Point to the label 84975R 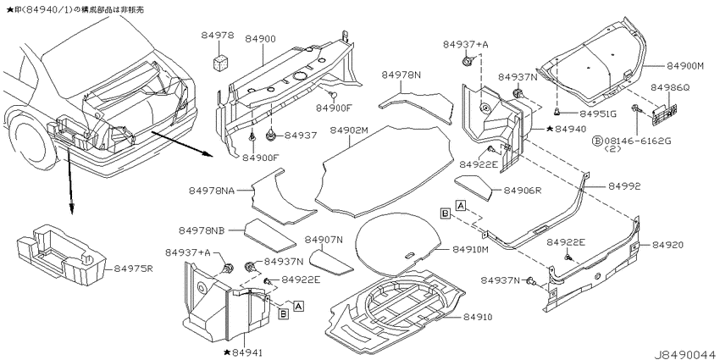[x=130, y=269]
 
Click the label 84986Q [x=671, y=87]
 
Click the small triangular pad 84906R [x=475, y=185]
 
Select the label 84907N [x=324, y=239]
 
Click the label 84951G [x=598, y=112]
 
